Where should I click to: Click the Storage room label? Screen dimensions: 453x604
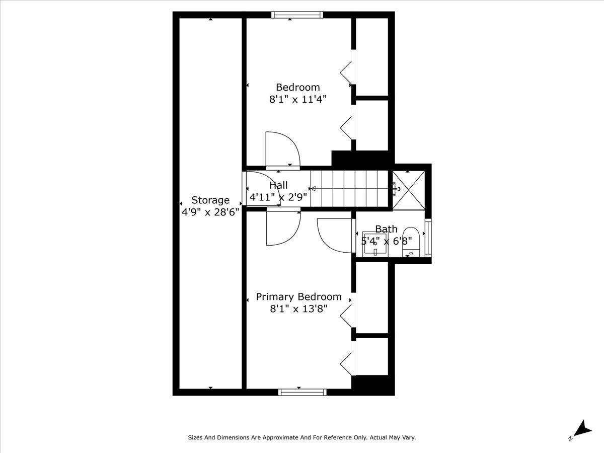pyautogui.click(x=210, y=200)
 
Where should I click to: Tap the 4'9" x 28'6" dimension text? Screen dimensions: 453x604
pyautogui.click(x=210, y=212)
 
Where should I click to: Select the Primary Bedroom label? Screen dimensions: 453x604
pyautogui.click(x=298, y=296)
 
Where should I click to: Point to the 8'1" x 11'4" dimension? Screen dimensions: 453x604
pyautogui.click(x=298, y=99)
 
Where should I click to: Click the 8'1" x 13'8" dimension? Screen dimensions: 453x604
pyautogui.click(x=298, y=309)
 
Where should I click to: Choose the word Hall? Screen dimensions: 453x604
pyautogui.click(x=278, y=185)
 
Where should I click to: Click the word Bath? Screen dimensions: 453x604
pyautogui.click(x=386, y=230)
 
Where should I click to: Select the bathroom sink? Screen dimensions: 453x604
pyautogui.click(x=375, y=245)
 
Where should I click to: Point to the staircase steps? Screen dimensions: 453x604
pyautogui.click(x=350, y=189)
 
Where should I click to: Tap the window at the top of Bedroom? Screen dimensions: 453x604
pyautogui.click(x=297, y=15)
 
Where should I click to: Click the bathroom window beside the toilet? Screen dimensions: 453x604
pyautogui.click(x=428, y=236)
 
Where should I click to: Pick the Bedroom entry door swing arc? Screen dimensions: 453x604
pyautogui.click(x=282, y=148)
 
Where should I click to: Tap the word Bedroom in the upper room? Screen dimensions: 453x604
pyautogui.click(x=297, y=87)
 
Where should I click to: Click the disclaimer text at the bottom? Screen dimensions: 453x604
pyautogui.click(x=302, y=438)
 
